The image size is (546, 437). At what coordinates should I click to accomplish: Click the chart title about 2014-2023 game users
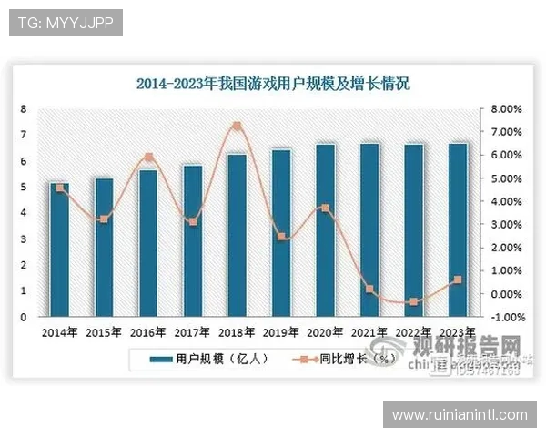[x=273, y=85]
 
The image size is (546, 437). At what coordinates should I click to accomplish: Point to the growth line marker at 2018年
[x=237, y=126]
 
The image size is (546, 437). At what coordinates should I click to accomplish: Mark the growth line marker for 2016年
[x=148, y=158]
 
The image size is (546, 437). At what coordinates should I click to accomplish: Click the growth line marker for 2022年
[x=413, y=301]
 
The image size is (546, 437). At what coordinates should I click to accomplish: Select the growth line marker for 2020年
[x=325, y=208]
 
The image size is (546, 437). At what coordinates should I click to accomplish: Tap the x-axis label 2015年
[x=104, y=332]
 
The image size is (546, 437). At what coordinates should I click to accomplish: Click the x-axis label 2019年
[x=281, y=332]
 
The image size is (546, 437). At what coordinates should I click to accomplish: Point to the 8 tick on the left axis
[x=23, y=109]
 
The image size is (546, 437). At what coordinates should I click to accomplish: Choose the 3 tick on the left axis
[x=23, y=239]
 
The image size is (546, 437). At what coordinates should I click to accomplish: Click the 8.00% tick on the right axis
[x=505, y=109]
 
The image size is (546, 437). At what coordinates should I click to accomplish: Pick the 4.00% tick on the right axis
[x=505, y=202]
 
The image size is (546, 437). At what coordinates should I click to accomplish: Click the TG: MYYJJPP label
[x=66, y=23]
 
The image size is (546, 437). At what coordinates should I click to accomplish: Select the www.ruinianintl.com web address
[x=460, y=414]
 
